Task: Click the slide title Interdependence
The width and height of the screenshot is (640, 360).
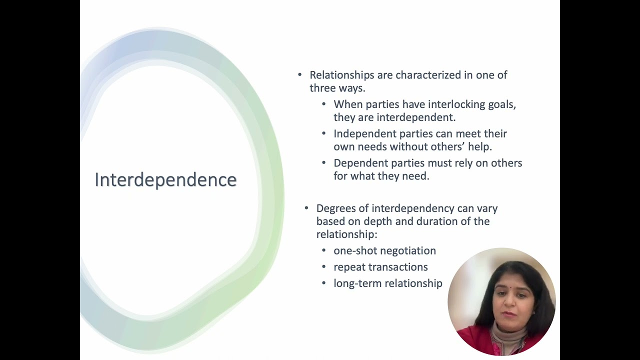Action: click(165, 180)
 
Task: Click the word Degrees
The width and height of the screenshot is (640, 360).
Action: click(335, 208)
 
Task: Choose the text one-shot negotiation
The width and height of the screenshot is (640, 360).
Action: click(384, 250)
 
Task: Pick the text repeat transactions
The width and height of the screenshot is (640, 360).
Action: click(380, 267)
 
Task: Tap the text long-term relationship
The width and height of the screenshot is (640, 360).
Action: click(387, 283)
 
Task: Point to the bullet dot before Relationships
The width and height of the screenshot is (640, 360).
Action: click(300, 75)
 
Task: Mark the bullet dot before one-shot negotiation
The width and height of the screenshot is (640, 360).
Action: click(324, 250)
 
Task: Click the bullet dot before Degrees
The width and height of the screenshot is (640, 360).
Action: click(307, 208)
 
